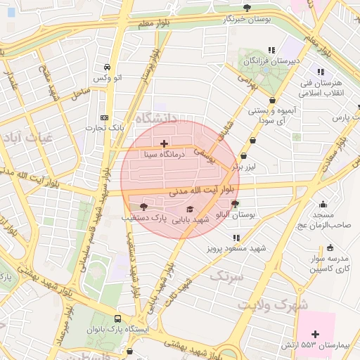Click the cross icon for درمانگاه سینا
click(x=164, y=143)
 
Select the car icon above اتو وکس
click(x=105, y=67)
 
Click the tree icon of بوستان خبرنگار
click(x=246, y=8)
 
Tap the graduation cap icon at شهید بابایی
click(x=188, y=209)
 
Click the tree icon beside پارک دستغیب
click(x=143, y=207)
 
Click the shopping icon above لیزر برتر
click(x=243, y=157)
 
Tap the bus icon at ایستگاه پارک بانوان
click(x=117, y=319)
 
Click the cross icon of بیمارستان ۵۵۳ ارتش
click(x=314, y=333)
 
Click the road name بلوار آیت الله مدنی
click(x=198, y=191)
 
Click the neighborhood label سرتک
click(x=229, y=274)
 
